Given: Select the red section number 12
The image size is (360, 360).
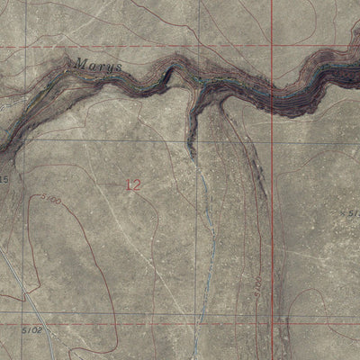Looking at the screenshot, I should tap(133, 184).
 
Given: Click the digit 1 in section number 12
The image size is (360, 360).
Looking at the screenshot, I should tap(129, 184).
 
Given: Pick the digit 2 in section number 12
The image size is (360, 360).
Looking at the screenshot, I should tap(137, 184).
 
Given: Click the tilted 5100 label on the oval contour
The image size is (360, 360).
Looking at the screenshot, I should tap(49, 201).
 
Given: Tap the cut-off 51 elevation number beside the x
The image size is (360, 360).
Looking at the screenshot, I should tap(355, 213).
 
